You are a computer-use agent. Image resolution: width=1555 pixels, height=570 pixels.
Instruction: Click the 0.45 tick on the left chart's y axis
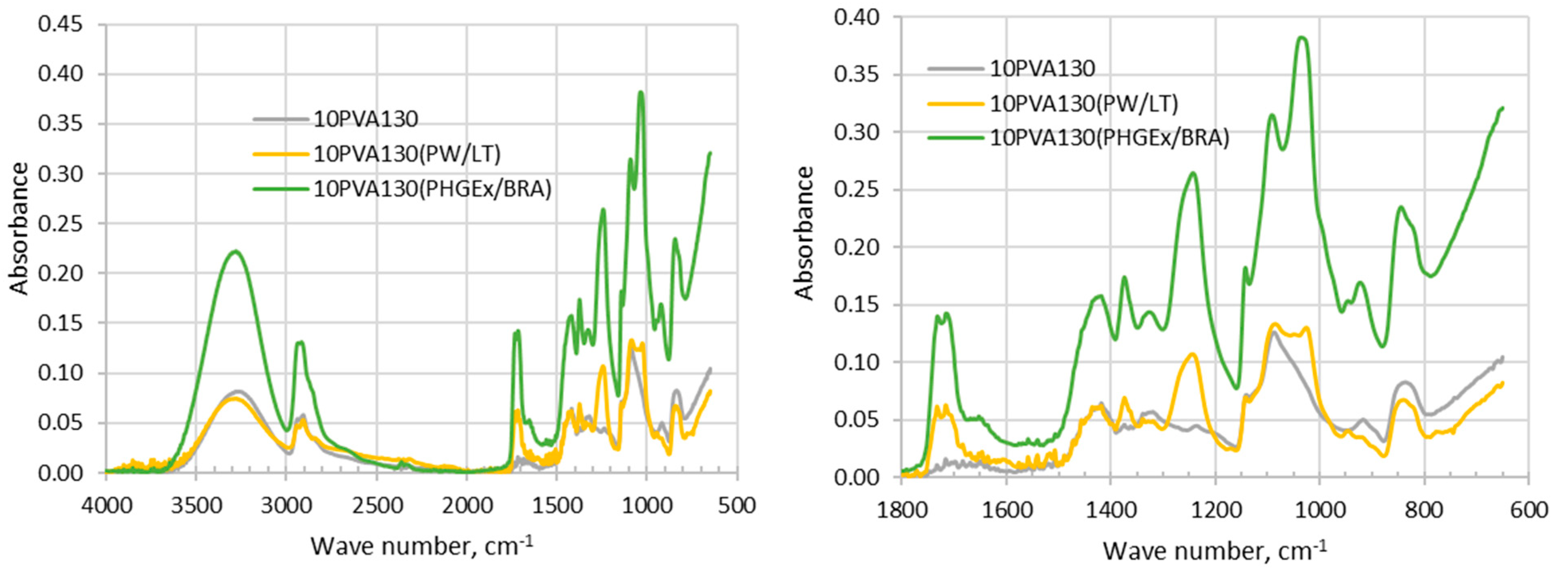[60, 24]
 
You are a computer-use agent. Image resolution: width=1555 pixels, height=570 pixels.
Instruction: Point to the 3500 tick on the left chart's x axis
[196, 505]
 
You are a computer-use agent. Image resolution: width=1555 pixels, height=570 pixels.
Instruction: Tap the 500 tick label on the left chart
[737, 505]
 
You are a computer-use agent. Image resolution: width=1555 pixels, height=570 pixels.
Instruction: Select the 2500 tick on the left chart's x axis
[376, 505]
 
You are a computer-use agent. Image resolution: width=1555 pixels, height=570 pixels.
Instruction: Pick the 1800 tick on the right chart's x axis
[901, 510]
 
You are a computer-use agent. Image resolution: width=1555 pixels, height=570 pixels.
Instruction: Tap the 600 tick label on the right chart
[1528, 510]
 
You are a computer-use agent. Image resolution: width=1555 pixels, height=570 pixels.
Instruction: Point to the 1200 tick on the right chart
[1215, 510]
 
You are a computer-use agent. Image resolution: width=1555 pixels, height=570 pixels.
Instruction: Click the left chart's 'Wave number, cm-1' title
[422, 545]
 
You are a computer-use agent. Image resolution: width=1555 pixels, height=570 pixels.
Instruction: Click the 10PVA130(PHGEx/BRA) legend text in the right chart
[1109, 138]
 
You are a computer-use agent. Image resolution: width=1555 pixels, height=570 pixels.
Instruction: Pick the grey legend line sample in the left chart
[281, 119]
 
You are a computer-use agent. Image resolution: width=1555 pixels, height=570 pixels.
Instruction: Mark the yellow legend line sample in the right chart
[955, 103]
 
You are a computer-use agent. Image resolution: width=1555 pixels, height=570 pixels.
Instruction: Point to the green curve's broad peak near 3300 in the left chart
[234, 251]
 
